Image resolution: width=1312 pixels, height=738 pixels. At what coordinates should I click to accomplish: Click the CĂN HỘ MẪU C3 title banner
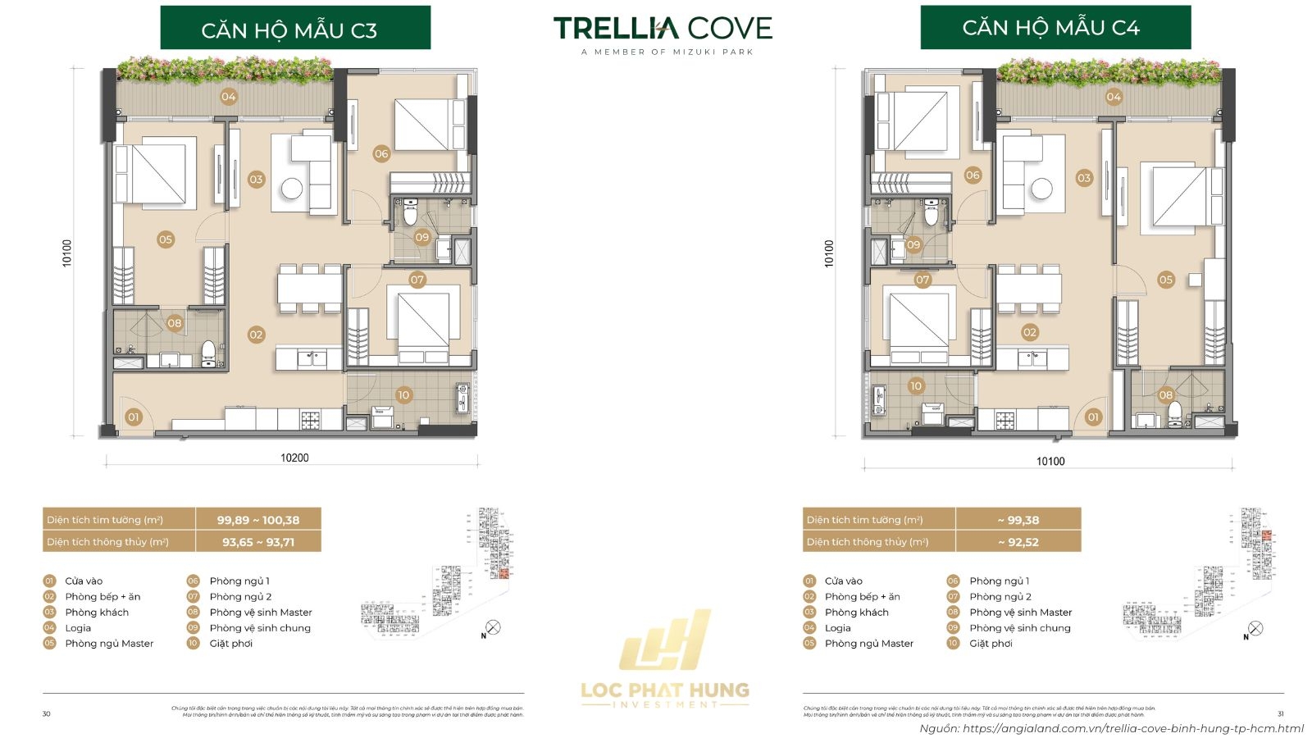pyautogui.click(x=295, y=29)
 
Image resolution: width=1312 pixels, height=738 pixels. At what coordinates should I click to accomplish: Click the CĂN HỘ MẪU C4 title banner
pyautogui.click(x=1055, y=27)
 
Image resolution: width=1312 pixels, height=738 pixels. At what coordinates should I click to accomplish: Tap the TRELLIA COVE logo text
pyautogui.click(x=663, y=29)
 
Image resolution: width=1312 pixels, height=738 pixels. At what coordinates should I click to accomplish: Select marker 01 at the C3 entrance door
pyautogui.click(x=134, y=417)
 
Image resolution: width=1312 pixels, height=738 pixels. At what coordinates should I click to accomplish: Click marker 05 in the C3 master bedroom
pyautogui.click(x=166, y=239)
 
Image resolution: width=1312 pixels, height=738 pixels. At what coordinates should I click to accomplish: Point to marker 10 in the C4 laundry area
pyautogui.click(x=916, y=385)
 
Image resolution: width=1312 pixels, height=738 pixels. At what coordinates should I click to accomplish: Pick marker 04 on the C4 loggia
pyautogui.click(x=1114, y=97)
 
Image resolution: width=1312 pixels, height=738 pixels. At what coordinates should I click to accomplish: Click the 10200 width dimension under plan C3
pyautogui.click(x=294, y=458)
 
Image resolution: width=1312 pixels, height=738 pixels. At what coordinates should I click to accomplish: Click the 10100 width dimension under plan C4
pyautogui.click(x=1050, y=461)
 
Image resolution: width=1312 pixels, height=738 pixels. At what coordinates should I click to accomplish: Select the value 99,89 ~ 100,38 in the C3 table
pyautogui.click(x=258, y=520)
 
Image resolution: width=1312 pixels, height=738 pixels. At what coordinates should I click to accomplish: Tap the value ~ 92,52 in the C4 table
pyautogui.click(x=1018, y=542)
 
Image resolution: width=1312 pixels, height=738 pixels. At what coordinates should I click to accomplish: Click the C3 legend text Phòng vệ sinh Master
pyautogui.click(x=261, y=612)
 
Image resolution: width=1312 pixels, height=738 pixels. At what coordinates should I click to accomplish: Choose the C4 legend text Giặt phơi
pyautogui.click(x=991, y=644)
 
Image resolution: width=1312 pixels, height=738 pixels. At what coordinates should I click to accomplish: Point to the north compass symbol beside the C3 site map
pyautogui.click(x=492, y=628)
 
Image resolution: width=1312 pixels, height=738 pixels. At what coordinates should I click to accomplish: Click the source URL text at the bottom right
pyautogui.click(x=1111, y=728)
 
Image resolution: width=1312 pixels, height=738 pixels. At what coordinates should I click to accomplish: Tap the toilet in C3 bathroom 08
pyautogui.click(x=208, y=353)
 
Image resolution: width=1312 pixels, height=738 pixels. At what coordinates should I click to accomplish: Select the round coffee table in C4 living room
pyautogui.click(x=1041, y=189)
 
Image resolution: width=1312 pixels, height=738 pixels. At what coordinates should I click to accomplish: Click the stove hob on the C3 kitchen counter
pyautogui.click(x=310, y=421)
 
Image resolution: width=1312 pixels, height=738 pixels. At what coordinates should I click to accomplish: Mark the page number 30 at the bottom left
pyautogui.click(x=46, y=713)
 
